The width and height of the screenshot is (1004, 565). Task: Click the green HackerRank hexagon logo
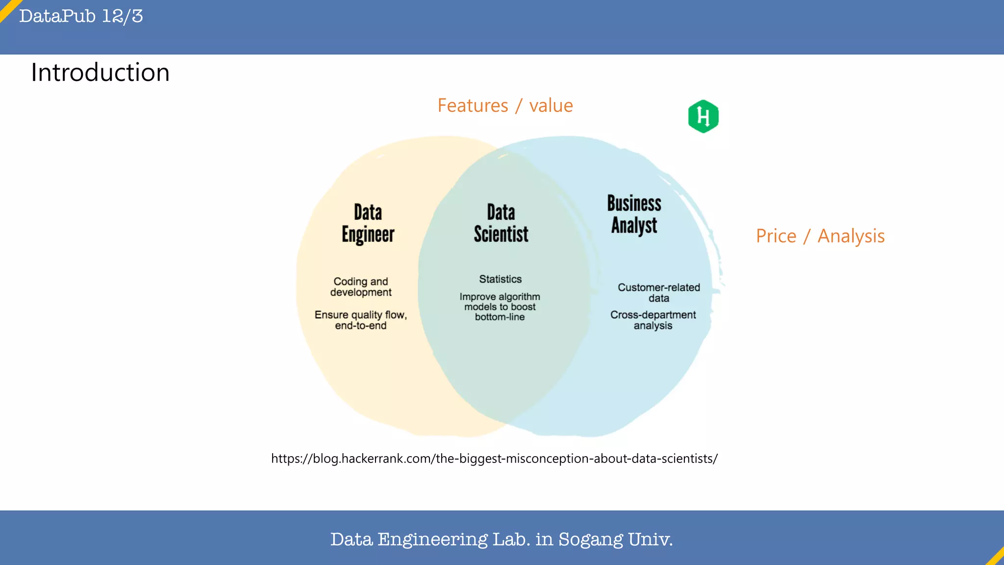(x=703, y=116)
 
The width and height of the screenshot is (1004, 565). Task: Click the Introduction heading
(x=100, y=73)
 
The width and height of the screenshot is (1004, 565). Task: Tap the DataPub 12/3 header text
(x=81, y=16)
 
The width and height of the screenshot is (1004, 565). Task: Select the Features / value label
(x=505, y=105)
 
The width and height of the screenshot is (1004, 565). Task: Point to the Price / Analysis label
(x=820, y=236)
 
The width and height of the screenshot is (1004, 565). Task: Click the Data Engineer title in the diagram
(x=368, y=223)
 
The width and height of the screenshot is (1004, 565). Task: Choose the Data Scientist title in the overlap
(x=501, y=223)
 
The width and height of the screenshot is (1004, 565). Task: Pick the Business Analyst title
(x=634, y=214)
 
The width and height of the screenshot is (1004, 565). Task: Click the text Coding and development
(x=361, y=287)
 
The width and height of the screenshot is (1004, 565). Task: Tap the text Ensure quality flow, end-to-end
(x=361, y=320)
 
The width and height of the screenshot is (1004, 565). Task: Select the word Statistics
(x=500, y=279)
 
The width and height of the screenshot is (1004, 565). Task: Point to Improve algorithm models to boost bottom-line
(x=500, y=307)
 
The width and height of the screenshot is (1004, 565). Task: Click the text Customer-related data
(x=658, y=292)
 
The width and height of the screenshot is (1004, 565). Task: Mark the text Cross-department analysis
(x=653, y=320)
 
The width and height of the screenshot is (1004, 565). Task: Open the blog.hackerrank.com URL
(x=494, y=459)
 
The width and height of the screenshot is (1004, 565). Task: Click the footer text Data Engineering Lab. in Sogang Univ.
(x=501, y=539)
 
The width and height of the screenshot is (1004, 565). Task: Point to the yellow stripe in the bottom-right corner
(x=996, y=557)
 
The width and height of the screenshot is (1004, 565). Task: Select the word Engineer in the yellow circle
(x=368, y=234)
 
